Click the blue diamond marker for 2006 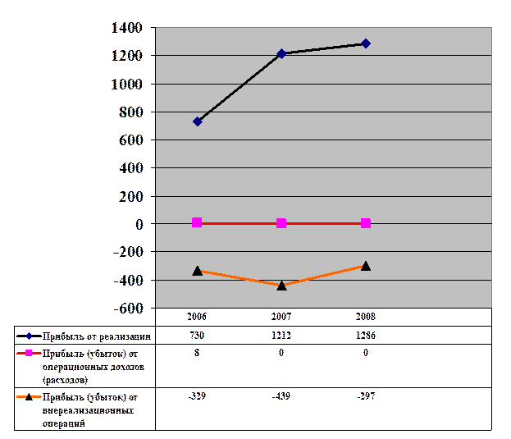point(197,121)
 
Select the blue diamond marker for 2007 point(281,53)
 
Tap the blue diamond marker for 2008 point(366,43)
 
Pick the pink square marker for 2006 point(197,222)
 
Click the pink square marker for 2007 point(281,223)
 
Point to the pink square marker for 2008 point(366,223)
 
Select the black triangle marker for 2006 point(197,270)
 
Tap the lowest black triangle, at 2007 point(281,285)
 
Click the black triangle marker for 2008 point(366,266)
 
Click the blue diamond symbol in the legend point(29,336)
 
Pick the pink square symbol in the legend point(29,353)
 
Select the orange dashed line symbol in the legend point(29,396)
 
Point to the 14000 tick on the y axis point(133,28)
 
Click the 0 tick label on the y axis point(139,223)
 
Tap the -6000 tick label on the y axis point(133,308)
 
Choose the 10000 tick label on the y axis point(133,84)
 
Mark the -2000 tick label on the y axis point(133,252)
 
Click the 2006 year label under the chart point(197,316)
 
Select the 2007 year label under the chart point(281,316)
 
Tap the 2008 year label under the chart point(366,316)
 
